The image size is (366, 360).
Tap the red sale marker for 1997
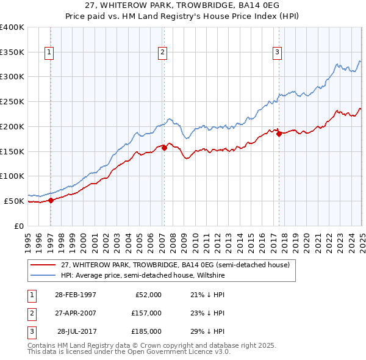point(52,200)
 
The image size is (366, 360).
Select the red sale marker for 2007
point(165,147)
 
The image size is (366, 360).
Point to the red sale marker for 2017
point(279,134)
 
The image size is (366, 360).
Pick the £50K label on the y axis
point(14,201)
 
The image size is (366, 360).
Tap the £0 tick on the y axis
point(19,226)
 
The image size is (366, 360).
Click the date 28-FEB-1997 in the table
point(76,295)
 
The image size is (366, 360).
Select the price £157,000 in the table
point(146,313)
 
